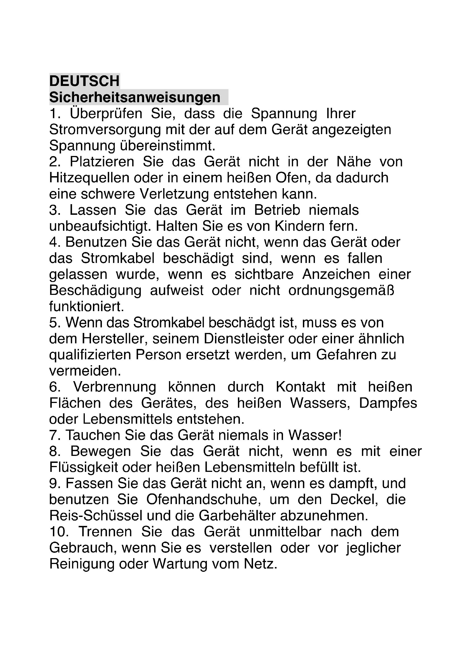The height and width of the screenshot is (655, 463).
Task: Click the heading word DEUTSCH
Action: (84, 81)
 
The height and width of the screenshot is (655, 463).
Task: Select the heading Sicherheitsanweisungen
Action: (135, 97)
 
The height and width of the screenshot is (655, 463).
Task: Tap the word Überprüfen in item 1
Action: (106, 113)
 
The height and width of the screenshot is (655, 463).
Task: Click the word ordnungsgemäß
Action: (341, 291)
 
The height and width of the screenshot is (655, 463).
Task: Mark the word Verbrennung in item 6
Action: (114, 387)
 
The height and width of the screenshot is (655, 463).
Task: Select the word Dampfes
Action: (388, 403)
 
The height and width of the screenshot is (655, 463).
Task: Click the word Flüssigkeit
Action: (83, 468)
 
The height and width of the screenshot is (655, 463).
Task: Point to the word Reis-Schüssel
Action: (96, 516)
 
